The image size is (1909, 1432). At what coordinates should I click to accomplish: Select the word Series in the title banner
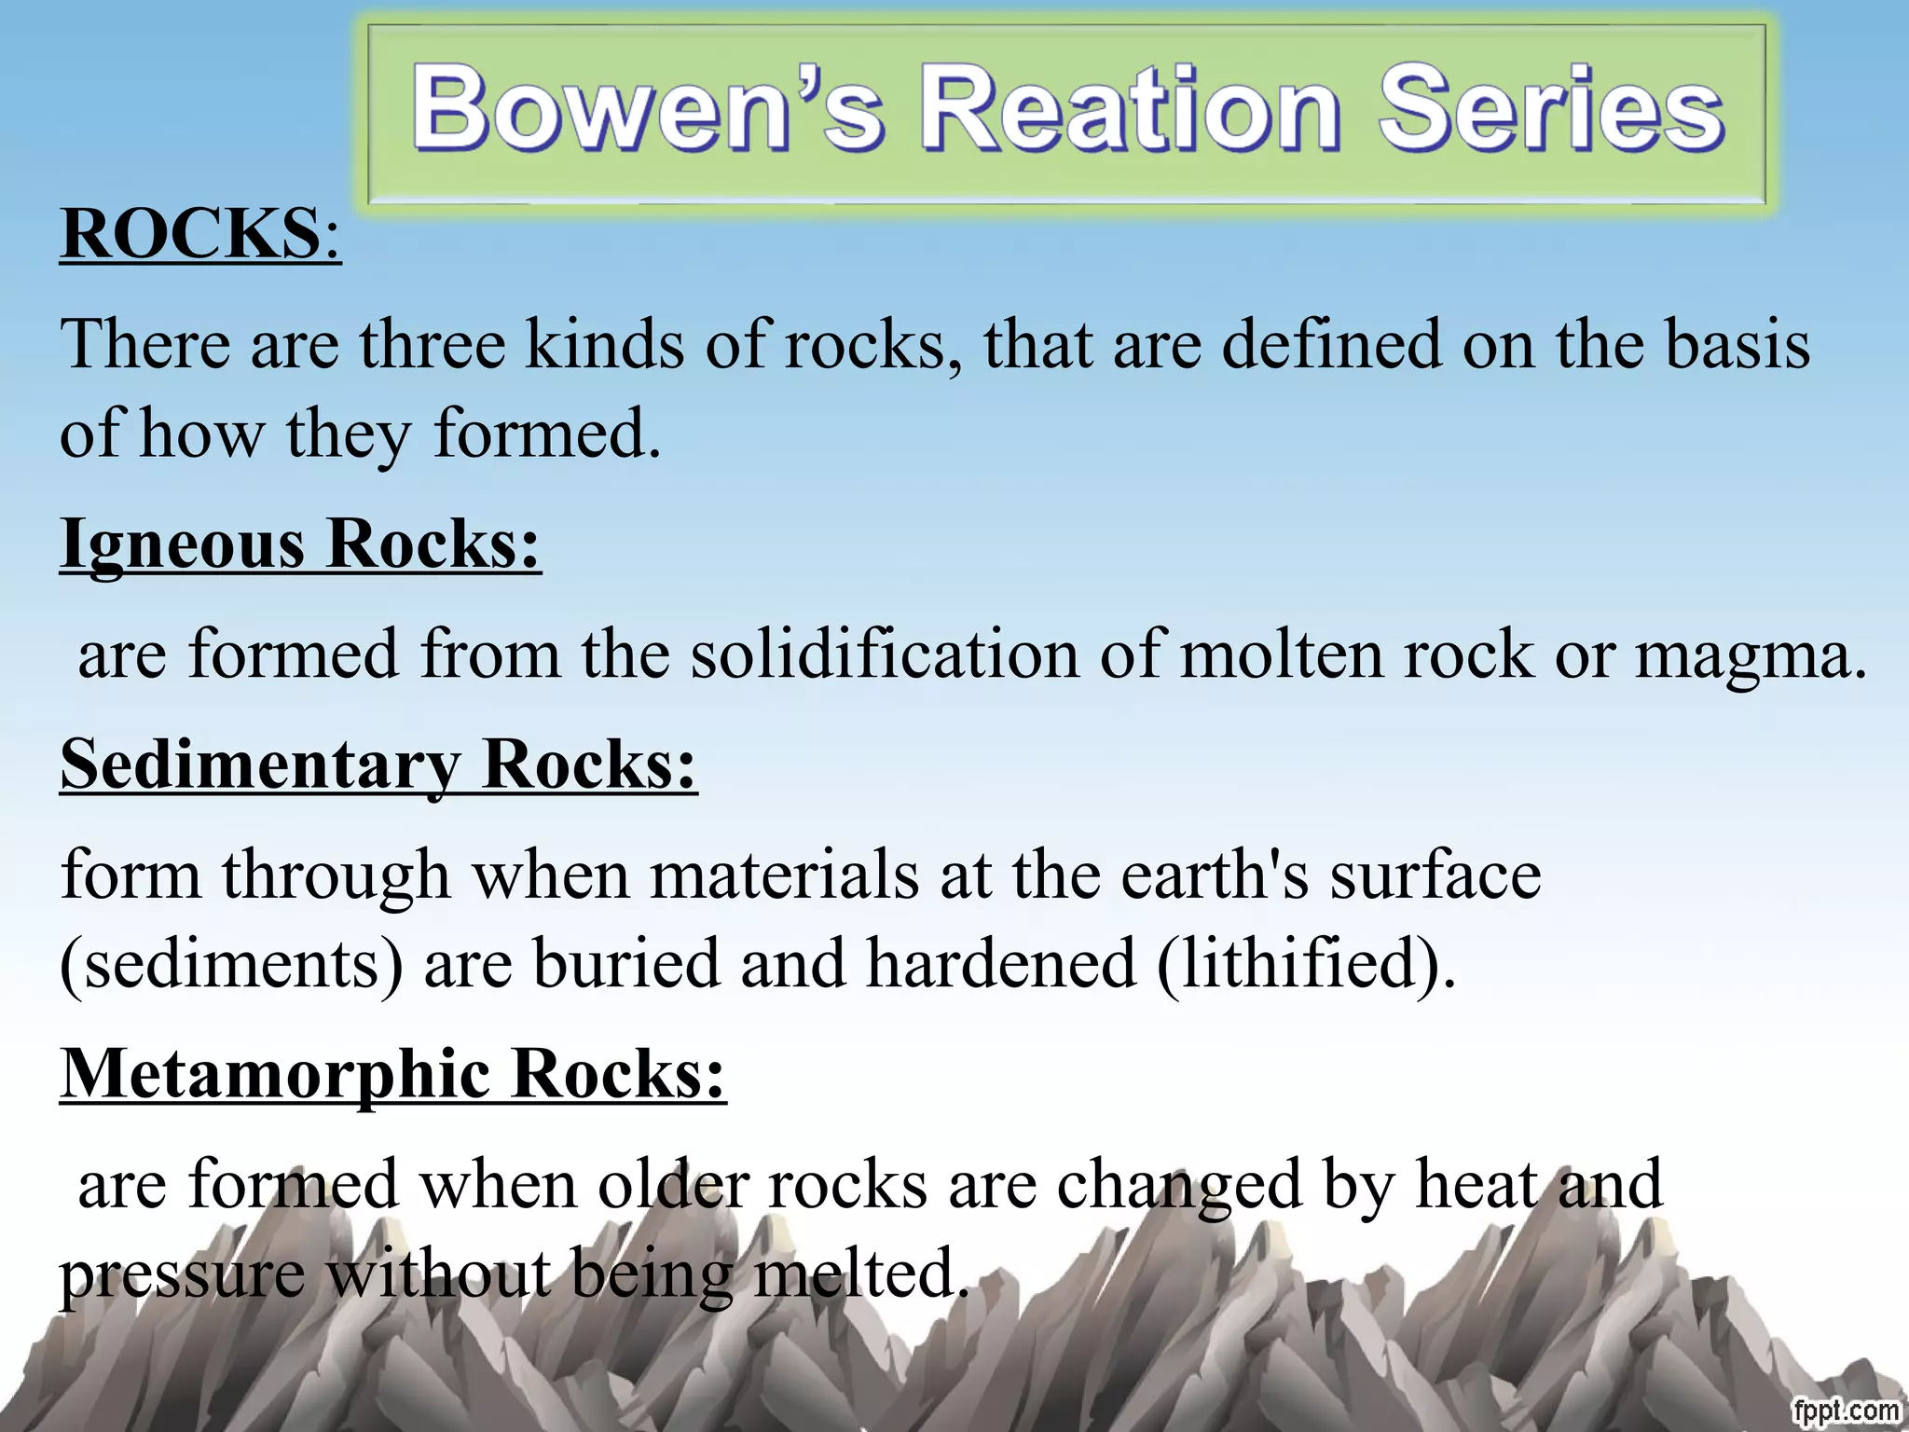pyautogui.click(x=1551, y=110)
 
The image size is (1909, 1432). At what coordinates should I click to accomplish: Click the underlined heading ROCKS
pyautogui.click(x=190, y=233)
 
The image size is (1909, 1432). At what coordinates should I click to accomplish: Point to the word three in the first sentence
pyautogui.click(x=433, y=345)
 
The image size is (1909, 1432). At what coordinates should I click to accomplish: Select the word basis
pyautogui.click(x=1737, y=345)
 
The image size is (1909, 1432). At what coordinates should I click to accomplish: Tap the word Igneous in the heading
pyautogui.click(x=182, y=544)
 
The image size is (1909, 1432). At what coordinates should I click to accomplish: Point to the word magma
pyautogui.click(x=1741, y=656)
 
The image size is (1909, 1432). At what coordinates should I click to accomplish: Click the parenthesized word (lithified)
pyautogui.click(x=1305, y=964)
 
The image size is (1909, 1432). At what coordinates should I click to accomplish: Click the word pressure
pyautogui.click(x=183, y=1275)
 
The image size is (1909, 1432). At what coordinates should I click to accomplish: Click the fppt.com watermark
pyautogui.click(x=1845, y=1411)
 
